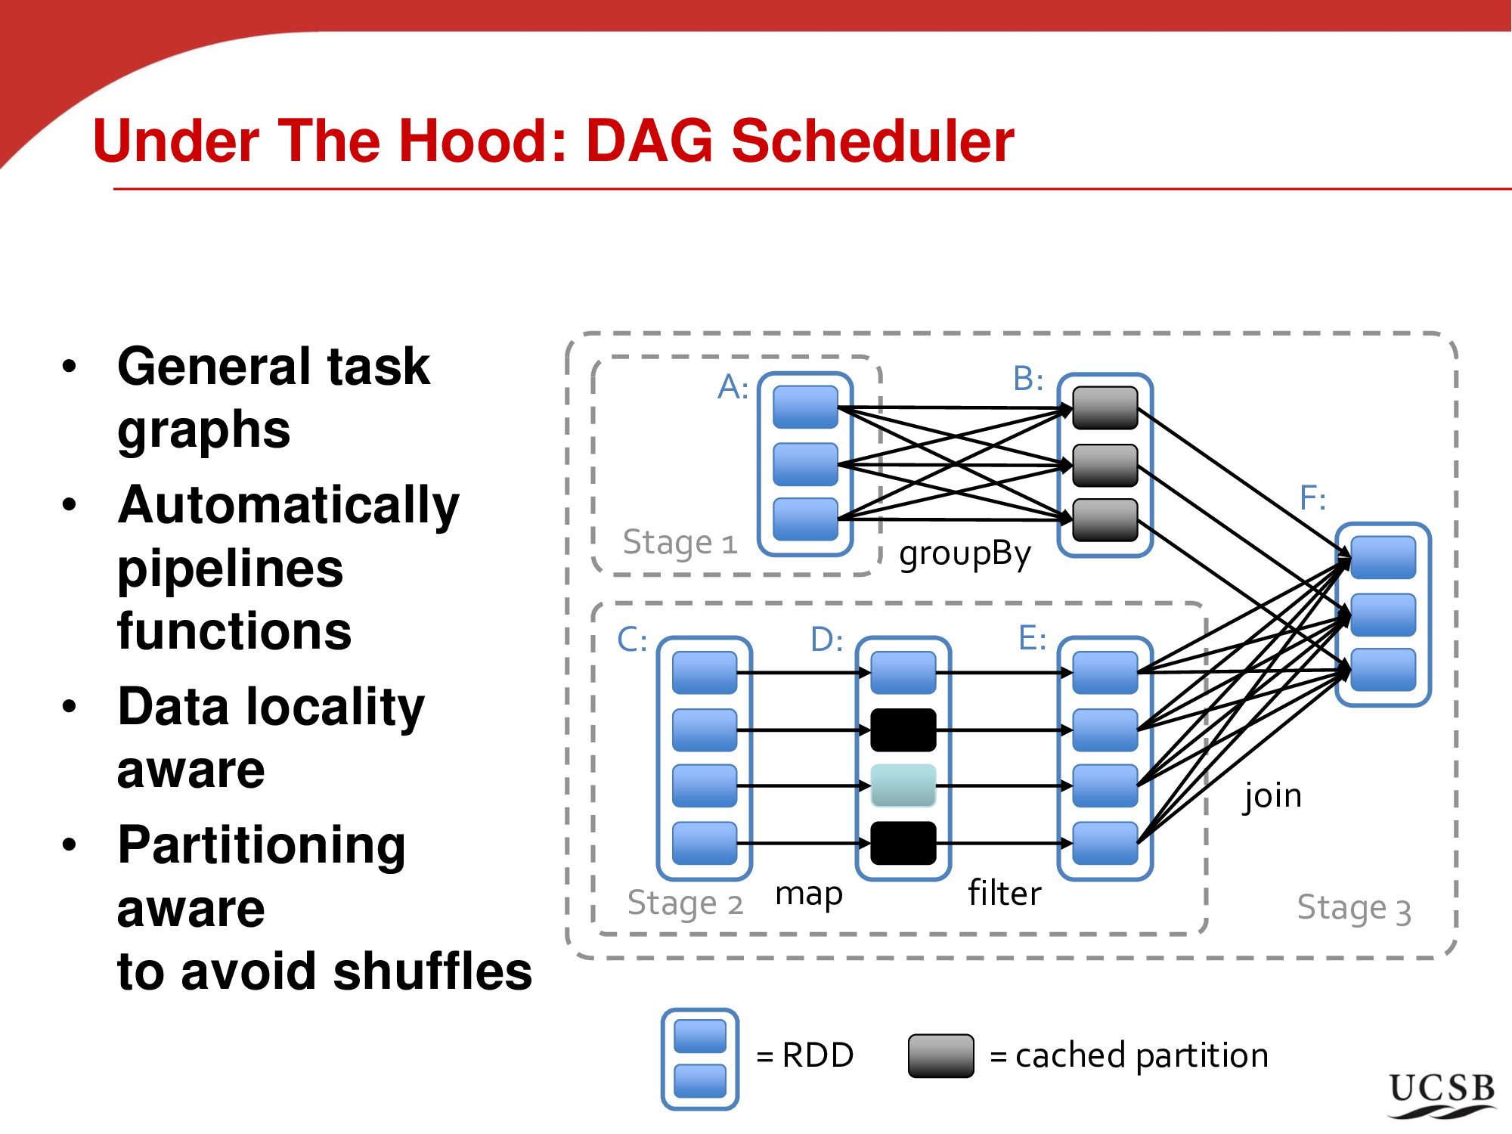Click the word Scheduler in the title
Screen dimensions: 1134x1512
(872, 141)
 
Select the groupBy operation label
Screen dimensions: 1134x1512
(965, 553)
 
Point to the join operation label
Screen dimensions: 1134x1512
(1273, 796)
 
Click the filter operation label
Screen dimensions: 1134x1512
(1005, 894)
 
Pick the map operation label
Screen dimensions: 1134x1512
(809, 894)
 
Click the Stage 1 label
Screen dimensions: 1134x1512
(680, 543)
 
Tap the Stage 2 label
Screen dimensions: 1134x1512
(685, 903)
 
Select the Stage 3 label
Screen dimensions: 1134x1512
(1354, 909)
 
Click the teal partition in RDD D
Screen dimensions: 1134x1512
(903, 785)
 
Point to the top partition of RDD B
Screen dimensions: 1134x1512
(1105, 407)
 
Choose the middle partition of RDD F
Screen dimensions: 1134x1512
(1383, 615)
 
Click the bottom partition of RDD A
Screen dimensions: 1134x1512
(805, 519)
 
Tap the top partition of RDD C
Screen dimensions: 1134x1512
(705, 672)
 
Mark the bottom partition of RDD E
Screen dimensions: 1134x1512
(1105, 843)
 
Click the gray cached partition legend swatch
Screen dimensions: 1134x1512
(940, 1055)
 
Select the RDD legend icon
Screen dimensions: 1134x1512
(700, 1058)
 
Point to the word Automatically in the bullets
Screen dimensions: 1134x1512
(289, 505)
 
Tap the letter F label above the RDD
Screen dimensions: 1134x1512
(1312, 498)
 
